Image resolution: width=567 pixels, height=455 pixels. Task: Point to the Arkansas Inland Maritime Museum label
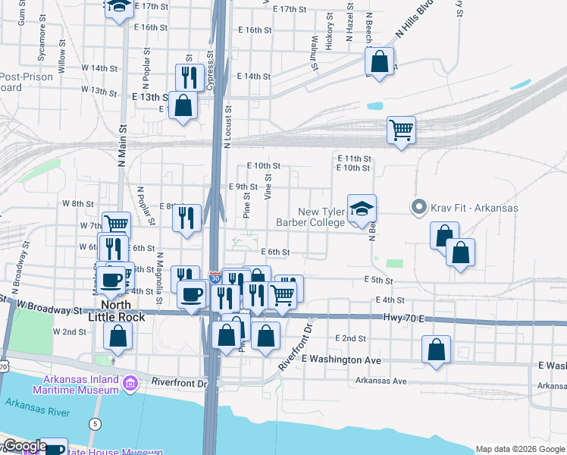(75, 384)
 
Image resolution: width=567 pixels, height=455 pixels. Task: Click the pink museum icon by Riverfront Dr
(131, 384)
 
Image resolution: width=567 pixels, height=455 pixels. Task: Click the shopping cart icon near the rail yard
(401, 129)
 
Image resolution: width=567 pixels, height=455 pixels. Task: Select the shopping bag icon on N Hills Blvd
(380, 61)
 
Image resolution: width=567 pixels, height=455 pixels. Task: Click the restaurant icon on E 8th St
(186, 218)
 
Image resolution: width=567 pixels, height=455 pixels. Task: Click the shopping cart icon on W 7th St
(116, 224)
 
